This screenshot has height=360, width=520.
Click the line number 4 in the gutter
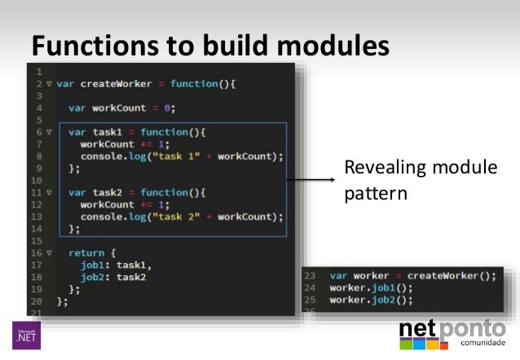pyautogui.click(x=38, y=108)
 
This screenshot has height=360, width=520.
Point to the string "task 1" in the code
pyautogui.click(x=174, y=156)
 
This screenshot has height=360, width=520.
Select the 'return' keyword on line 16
pyautogui.click(x=86, y=253)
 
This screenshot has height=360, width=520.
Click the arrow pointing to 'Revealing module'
pyautogui.click(x=310, y=181)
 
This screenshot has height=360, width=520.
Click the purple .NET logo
pyautogui.click(x=25, y=335)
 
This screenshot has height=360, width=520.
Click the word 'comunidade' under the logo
pyautogui.click(x=485, y=344)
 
